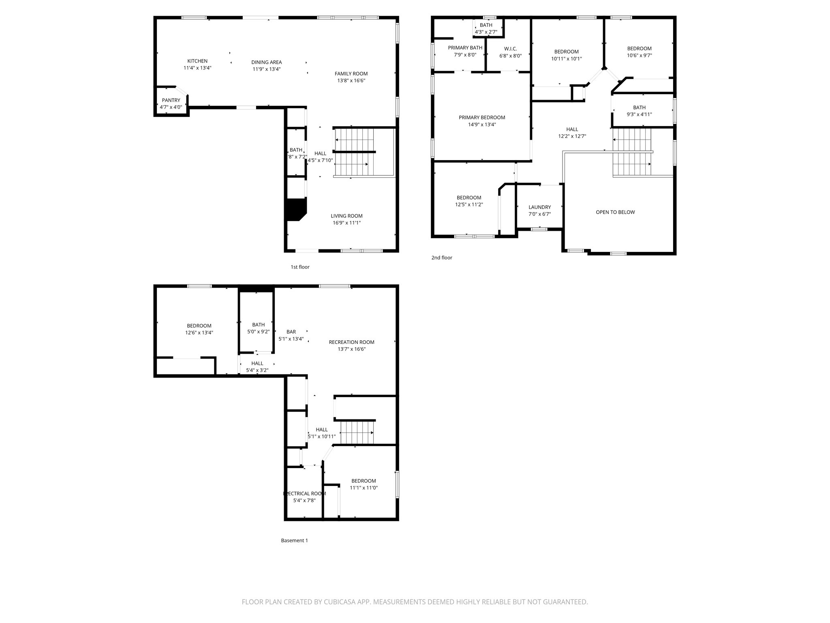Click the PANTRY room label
click(x=171, y=100)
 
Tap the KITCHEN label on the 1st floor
click(x=197, y=61)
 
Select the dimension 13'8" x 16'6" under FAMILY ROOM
click(x=351, y=80)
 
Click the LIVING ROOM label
click(x=346, y=216)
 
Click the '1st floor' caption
click(x=300, y=267)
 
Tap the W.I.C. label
click(x=510, y=49)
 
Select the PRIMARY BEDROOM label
click(x=481, y=118)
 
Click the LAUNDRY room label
click(x=539, y=207)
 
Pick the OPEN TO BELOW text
click(x=615, y=212)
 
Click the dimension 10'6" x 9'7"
click(x=639, y=56)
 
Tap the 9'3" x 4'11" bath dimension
click(x=639, y=114)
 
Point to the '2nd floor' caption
click(x=441, y=258)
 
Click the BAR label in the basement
click(x=291, y=332)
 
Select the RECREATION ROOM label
click(x=351, y=342)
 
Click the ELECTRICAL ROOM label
click(x=304, y=494)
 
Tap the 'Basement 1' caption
click(x=294, y=540)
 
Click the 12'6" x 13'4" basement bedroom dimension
click(x=199, y=333)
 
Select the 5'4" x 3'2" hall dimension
click(x=257, y=370)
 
